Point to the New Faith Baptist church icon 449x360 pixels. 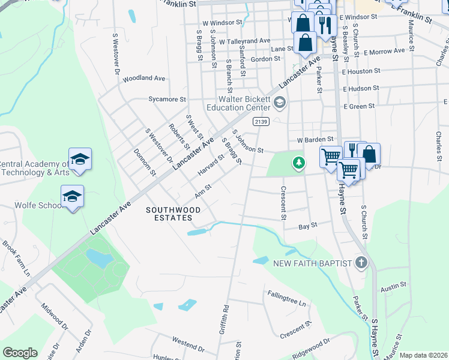[361, 263]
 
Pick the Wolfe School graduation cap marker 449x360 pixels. [72, 197]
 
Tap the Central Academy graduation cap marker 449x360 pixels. [80, 159]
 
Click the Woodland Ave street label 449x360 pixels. [143, 79]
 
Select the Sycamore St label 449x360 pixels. [167, 99]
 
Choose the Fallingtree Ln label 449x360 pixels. [287, 296]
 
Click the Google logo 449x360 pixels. [20, 353]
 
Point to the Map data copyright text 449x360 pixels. [423, 355]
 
